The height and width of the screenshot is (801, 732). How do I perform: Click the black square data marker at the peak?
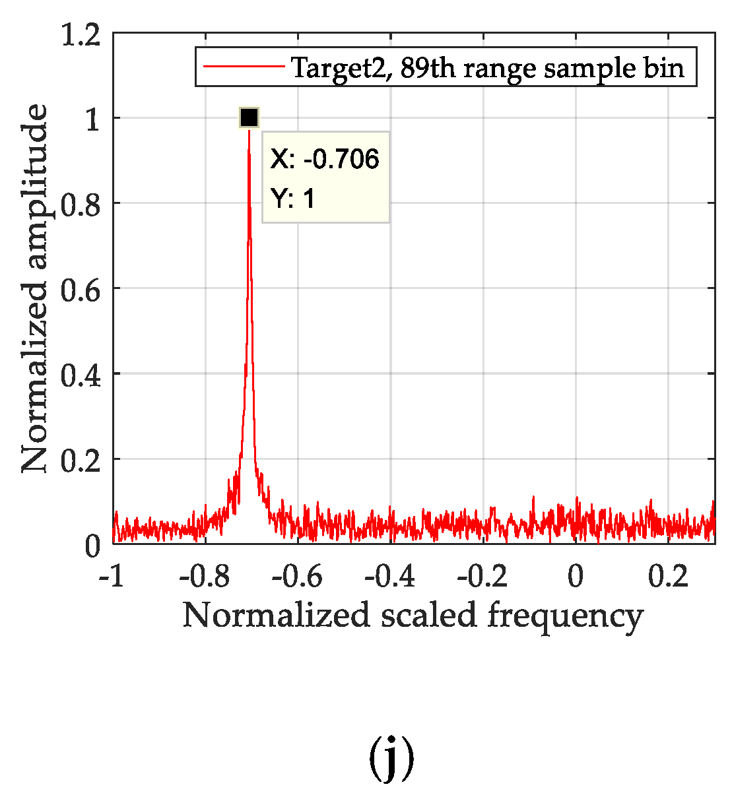point(249,117)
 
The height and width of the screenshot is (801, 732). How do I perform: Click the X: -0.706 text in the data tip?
point(325,159)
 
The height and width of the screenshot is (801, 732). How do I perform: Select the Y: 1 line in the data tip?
point(293,198)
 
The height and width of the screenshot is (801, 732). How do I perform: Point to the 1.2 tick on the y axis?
point(81,34)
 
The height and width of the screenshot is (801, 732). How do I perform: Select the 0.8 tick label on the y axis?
point(81,204)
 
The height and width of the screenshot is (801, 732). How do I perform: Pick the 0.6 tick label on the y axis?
point(81,289)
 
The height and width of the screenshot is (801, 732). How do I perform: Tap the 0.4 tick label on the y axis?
point(81,374)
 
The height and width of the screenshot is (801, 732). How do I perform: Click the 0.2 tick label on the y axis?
point(81,459)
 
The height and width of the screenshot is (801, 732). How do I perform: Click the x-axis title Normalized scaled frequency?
point(413,616)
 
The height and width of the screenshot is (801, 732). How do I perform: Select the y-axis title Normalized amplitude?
point(34,288)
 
